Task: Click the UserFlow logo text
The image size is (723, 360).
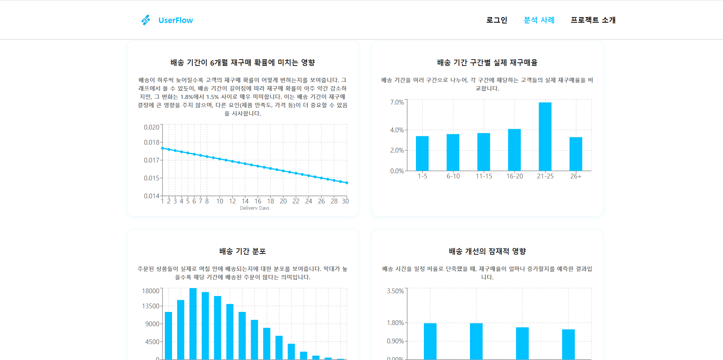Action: click(x=175, y=20)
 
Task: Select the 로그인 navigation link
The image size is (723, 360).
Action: click(x=497, y=20)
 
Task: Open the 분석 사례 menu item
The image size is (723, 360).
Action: click(x=539, y=20)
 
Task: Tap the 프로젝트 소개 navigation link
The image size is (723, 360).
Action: click(x=593, y=20)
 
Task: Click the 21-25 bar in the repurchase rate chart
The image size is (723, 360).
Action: click(x=545, y=137)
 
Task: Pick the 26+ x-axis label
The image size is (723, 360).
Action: click(x=576, y=176)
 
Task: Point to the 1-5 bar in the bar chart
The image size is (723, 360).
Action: click(x=422, y=153)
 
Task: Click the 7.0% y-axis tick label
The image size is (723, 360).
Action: click(x=397, y=103)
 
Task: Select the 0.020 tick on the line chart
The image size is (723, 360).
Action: click(x=151, y=127)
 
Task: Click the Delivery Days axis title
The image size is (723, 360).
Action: click(x=255, y=208)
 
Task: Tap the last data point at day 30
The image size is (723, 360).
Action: click(x=347, y=183)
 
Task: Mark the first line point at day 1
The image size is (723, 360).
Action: click(x=162, y=148)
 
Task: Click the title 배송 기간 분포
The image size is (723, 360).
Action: click(x=243, y=252)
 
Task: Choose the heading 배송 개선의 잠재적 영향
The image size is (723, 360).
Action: click(x=487, y=252)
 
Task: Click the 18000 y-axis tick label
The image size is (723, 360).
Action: click(x=151, y=291)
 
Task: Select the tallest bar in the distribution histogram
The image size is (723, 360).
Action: click(x=193, y=324)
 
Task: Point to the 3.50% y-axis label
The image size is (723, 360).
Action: click(x=395, y=291)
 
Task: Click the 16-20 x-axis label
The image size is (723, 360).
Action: click(x=514, y=176)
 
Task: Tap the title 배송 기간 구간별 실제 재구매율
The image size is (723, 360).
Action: click(x=487, y=63)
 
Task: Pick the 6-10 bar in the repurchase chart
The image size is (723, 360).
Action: click(x=453, y=153)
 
